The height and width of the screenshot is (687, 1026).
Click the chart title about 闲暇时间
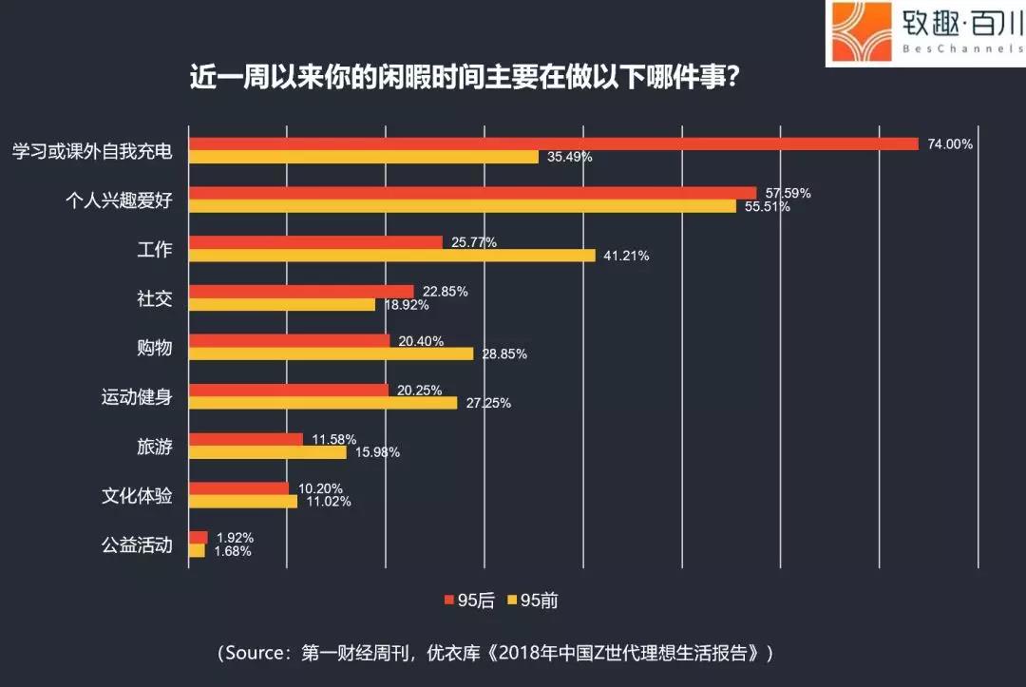click(x=465, y=77)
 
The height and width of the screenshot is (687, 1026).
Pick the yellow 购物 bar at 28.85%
click(x=332, y=353)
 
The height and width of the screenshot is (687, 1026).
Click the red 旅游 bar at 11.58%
click(x=246, y=439)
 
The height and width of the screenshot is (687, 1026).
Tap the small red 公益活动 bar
click(x=199, y=538)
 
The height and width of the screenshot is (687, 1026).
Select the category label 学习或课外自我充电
click(x=91, y=150)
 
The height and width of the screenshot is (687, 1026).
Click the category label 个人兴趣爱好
click(x=118, y=200)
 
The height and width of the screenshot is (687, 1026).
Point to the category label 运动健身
click(x=137, y=396)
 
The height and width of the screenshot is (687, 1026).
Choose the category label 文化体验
click(x=137, y=495)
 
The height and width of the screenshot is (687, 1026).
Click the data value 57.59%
click(x=788, y=193)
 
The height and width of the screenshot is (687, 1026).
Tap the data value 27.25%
click(x=487, y=403)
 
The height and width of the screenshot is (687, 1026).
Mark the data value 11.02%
click(x=328, y=502)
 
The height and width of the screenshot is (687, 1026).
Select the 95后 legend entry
click(x=468, y=600)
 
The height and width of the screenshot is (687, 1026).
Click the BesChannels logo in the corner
click(x=923, y=34)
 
